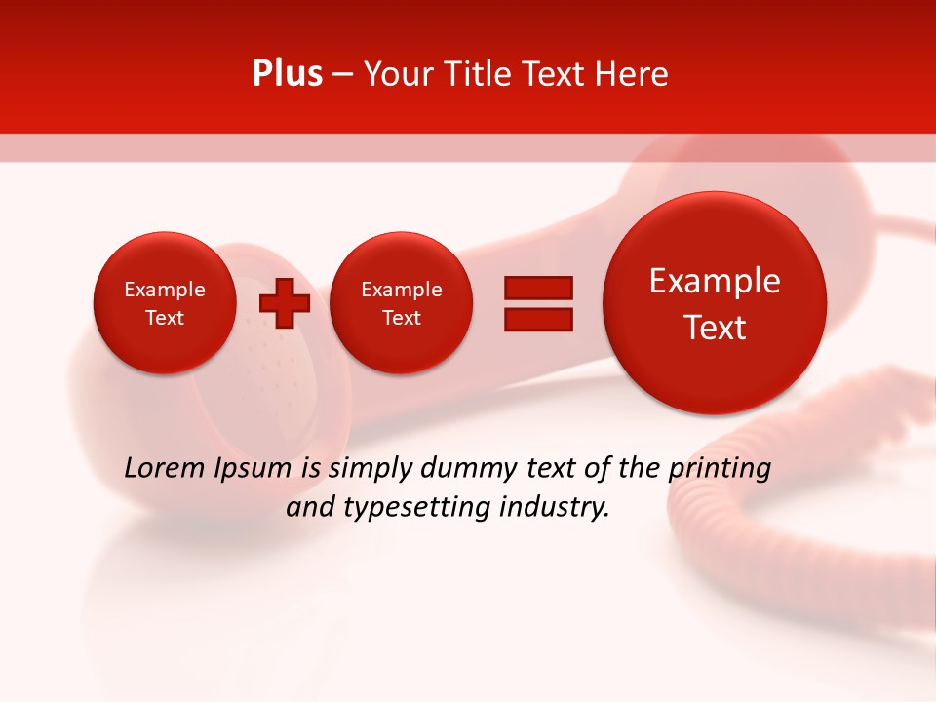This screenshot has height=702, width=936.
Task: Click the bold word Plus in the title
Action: click(x=287, y=74)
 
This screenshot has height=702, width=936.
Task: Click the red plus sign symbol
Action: click(x=284, y=303)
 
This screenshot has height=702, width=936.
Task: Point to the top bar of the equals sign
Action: click(x=538, y=288)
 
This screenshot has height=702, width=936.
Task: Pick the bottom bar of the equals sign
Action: click(x=538, y=319)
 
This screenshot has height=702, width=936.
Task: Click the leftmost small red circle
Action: click(x=164, y=303)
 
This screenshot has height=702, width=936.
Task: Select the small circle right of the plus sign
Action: click(x=401, y=303)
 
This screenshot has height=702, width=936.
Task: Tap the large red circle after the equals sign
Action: click(x=715, y=303)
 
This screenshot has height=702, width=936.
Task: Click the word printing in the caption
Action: click(x=719, y=470)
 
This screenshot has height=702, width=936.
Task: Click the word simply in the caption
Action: click(x=370, y=470)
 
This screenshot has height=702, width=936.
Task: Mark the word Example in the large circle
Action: click(x=715, y=281)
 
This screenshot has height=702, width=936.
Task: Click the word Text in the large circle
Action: click(x=715, y=328)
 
